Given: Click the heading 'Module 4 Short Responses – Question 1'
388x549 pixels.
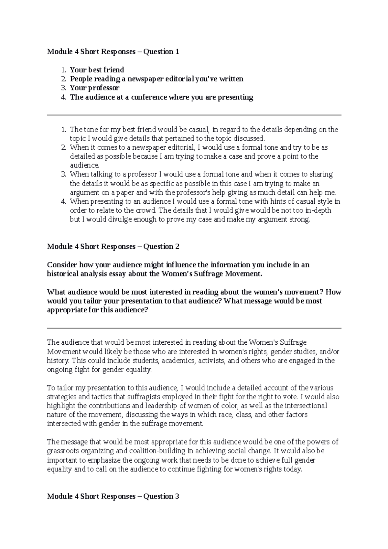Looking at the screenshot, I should pos(113,52).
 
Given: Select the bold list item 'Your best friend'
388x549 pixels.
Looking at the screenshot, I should pos(97,70).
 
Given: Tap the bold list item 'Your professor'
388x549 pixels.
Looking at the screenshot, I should pos(95,88).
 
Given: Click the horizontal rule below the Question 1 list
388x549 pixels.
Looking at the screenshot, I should pos(194,115).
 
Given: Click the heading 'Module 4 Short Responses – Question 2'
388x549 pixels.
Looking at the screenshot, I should pos(113,247).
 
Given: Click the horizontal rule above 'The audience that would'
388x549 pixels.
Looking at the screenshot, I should pos(194,328).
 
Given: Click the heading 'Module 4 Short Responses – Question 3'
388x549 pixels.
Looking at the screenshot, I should pos(113,496).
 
